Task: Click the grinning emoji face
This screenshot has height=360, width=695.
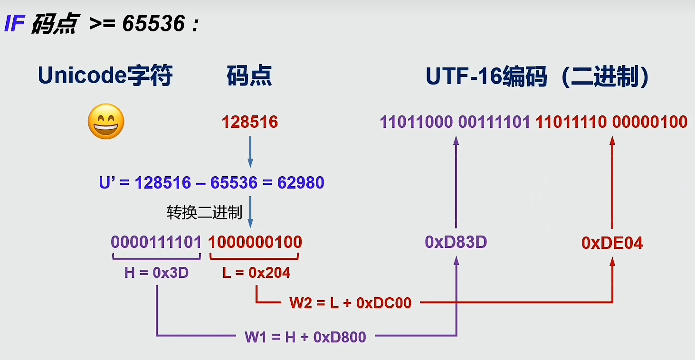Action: [106, 122]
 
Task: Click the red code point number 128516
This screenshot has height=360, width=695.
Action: [249, 122]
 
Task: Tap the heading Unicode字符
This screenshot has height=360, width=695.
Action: [105, 76]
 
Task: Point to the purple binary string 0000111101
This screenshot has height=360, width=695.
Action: [156, 242]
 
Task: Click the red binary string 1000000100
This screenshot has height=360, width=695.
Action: [255, 242]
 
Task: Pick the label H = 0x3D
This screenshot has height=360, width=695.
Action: [156, 273]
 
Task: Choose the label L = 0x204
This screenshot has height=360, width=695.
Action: [257, 273]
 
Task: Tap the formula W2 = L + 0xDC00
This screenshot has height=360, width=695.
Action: [350, 303]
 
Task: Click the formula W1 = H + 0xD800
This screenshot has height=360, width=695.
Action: [305, 337]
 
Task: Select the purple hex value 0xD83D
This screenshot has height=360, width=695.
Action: [456, 242]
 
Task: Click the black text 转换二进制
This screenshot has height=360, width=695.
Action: [204, 212]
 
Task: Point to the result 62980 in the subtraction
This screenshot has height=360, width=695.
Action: [301, 183]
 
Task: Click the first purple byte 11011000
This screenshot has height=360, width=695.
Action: [416, 122]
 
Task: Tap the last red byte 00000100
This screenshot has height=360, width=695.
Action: [649, 122]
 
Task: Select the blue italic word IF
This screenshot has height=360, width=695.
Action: [14, 24]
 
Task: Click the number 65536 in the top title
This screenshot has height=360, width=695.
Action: [153, 24]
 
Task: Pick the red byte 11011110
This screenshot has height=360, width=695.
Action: [571, 122]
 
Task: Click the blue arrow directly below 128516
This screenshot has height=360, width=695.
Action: [250, 152]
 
